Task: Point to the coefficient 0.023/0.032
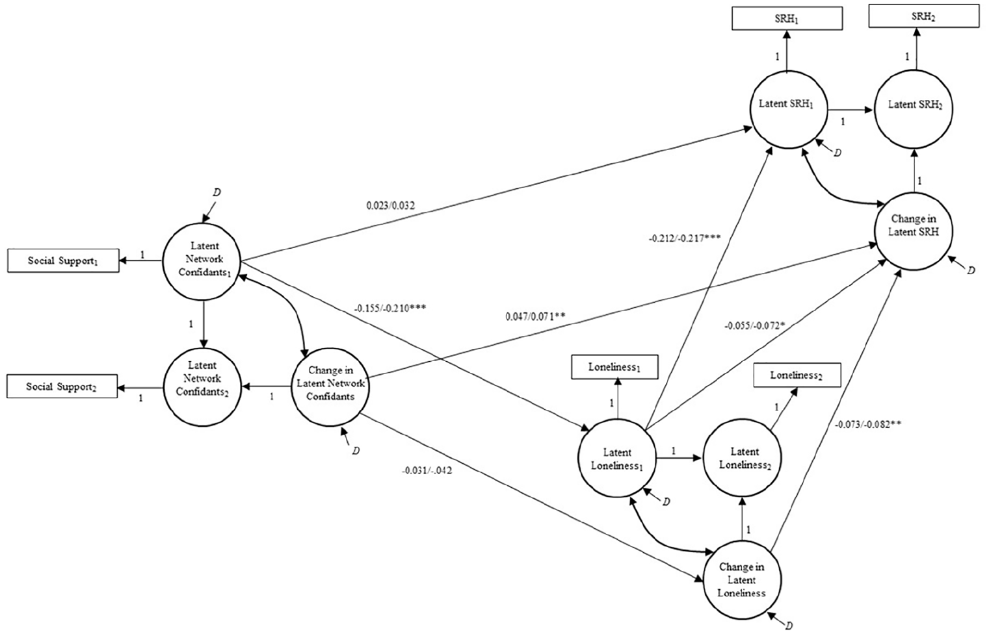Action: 390,206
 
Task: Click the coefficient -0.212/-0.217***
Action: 685,239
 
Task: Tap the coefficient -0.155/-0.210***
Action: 390,307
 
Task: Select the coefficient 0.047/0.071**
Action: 535,317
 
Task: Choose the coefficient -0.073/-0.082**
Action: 868,425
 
